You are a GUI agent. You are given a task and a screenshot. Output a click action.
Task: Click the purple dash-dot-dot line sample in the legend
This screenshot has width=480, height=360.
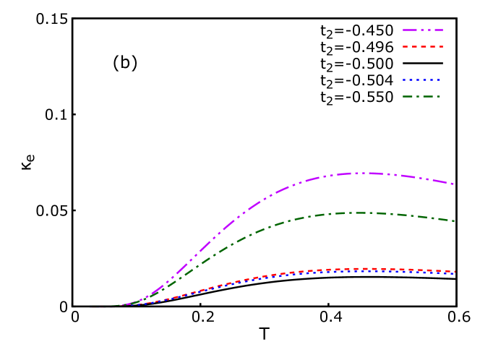(423, 30)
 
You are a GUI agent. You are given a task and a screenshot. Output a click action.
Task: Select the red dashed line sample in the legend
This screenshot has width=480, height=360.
(423, 46)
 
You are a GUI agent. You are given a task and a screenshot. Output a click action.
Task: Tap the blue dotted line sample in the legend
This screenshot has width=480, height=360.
(422, 80)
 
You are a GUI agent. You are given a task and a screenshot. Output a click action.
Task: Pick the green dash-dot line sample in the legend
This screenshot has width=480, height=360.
(422, 96)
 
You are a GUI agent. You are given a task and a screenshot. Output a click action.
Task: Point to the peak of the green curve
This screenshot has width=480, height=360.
(359, 213)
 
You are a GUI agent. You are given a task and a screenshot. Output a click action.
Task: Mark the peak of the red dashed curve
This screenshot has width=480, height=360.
(367, 269)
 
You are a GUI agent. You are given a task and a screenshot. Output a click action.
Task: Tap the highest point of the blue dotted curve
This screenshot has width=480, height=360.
(365, 271)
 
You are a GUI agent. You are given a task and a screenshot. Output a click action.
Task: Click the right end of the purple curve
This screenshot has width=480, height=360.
(454, 184)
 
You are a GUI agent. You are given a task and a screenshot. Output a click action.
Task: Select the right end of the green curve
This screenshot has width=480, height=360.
(455, 221)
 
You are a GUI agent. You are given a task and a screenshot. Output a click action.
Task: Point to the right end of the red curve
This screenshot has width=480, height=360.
(455, 272)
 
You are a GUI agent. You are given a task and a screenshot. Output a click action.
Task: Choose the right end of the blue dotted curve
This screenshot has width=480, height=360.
(455, 273)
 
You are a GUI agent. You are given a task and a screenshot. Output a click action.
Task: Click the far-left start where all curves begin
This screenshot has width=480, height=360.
(90, 307)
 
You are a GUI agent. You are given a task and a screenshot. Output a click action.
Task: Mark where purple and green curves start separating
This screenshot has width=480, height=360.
(148, 296)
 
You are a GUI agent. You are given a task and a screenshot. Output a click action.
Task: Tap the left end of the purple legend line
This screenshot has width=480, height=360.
(403, 30)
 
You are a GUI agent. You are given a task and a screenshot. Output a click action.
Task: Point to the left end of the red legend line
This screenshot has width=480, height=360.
(403, 46)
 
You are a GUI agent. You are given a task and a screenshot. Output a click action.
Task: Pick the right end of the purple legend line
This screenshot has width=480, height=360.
(442, 30)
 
